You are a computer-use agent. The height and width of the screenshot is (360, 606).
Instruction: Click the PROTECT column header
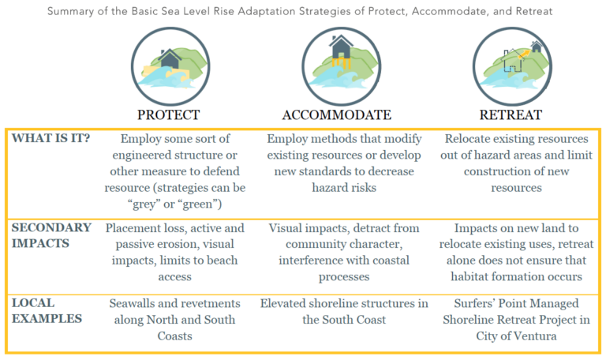pos(168,114)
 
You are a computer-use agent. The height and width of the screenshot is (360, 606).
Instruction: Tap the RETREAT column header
pos(511,114)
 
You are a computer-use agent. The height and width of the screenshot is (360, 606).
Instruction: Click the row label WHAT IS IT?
pos(50,138)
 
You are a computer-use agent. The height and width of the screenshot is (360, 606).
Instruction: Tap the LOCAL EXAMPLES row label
pos(45,310)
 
